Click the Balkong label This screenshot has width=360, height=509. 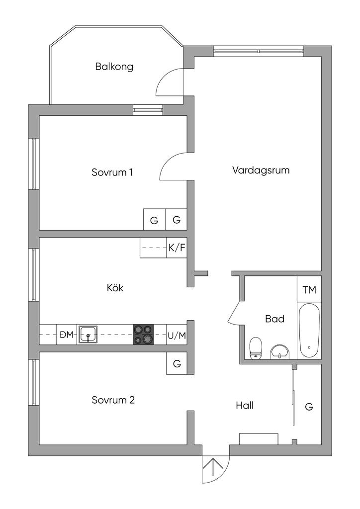[x=114, y=67]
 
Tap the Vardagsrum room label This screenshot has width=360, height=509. [x=261, y=170]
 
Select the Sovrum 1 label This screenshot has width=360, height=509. [x=112, y=172]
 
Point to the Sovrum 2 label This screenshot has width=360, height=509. [x=113, y=400]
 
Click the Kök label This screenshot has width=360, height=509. [x=115, y=288]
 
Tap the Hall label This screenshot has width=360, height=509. [x=245, y=406]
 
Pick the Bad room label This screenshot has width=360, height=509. [x=274, y=319]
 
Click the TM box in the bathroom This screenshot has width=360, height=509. [x=309, y=289]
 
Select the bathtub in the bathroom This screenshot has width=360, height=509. [x=309, y=330]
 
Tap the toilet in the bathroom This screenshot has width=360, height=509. [x=256, y=347]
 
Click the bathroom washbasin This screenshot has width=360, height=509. [x=280, y=351]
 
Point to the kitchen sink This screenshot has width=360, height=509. [x=88, y=335]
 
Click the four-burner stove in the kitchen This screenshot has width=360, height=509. [x=143, y=335]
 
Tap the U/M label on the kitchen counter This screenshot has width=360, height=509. [x=177, y=336]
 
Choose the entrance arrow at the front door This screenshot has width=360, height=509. [x=214, y=469]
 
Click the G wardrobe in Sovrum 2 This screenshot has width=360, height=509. [x=177, y=363]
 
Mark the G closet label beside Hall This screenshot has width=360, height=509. [x=309, y=407]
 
